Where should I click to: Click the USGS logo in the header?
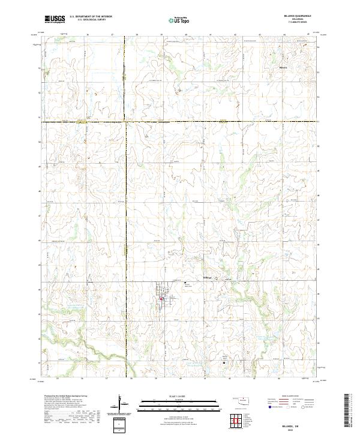click(x=55, y=19)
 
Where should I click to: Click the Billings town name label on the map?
click(x=207, y=277)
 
